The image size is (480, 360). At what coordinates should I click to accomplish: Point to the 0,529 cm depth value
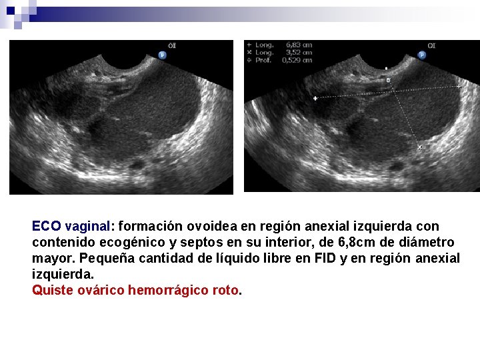coord(296,59)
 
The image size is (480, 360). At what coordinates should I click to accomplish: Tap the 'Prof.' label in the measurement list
coord(264,59)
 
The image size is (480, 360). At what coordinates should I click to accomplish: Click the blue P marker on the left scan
coord(162,55)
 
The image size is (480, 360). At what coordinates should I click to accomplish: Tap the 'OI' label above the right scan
coord(431,45)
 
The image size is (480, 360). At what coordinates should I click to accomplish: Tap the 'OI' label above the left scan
coord(172,45)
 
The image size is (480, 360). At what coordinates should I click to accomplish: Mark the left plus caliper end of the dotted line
coord(315,98)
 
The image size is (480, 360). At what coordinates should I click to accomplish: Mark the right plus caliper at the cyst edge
coord(459,87)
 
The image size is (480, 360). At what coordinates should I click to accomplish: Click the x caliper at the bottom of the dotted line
coord(419,147)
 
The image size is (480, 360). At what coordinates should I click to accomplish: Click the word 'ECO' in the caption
coord(47,227)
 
